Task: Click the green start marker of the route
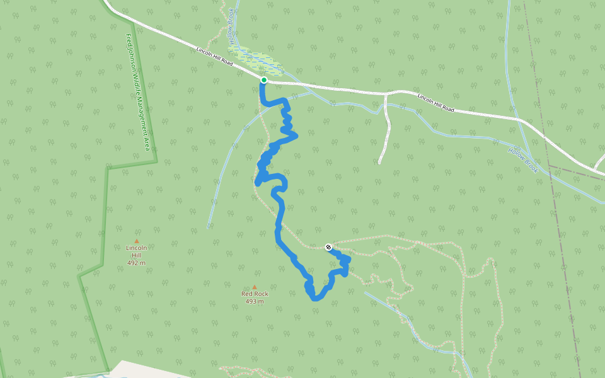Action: click(x=263, y=80)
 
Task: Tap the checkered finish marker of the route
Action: click(x=328, y=247)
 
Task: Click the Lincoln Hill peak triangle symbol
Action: click(x=136, y=241)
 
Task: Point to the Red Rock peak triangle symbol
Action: click(x=255, y=287)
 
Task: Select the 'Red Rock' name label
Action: click(x=255, y=294)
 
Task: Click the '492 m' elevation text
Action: click(x=136, y=263)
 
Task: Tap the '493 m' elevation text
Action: click(x=255, y=301)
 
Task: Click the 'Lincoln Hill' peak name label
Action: click(x=136, y=251)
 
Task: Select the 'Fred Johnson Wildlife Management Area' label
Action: click(x=138, y=92)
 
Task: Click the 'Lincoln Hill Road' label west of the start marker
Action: click(x=214, y=56)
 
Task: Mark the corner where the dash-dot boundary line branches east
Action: click(x=549, y=166)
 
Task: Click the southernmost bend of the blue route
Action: click(x=315, y=298)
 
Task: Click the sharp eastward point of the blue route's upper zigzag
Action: click(x=295, y=134)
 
